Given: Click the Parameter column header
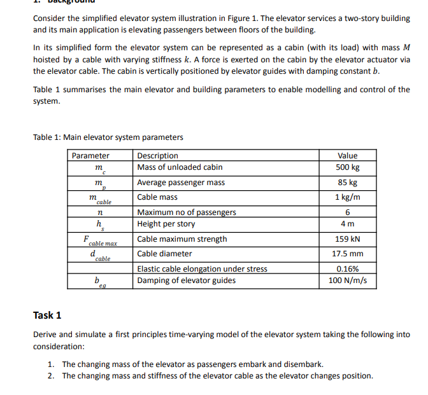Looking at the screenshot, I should pos(90,156).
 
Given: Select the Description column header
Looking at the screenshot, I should pos(158,156).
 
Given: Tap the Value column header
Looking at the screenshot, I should pos(347,156).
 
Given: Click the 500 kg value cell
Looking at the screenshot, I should pos(347,167).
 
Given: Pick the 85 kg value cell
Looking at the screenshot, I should pos(347,183).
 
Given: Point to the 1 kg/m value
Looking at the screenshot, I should pos(347,197).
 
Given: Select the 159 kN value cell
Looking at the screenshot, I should pos(347,239).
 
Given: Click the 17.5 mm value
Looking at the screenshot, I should pos(347,254).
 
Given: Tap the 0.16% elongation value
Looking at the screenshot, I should pos(347,269).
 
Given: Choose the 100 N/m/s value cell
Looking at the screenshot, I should pos(347,281).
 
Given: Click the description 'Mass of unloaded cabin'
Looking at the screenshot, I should pos(180,167).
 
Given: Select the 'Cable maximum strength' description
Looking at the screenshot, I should pos(182,239).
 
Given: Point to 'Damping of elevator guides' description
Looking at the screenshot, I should pos(187,281).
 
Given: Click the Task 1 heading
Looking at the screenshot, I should pos(47,315).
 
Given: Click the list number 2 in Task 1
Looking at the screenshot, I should pos(51,376).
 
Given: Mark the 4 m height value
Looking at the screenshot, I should pos(347,224).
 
